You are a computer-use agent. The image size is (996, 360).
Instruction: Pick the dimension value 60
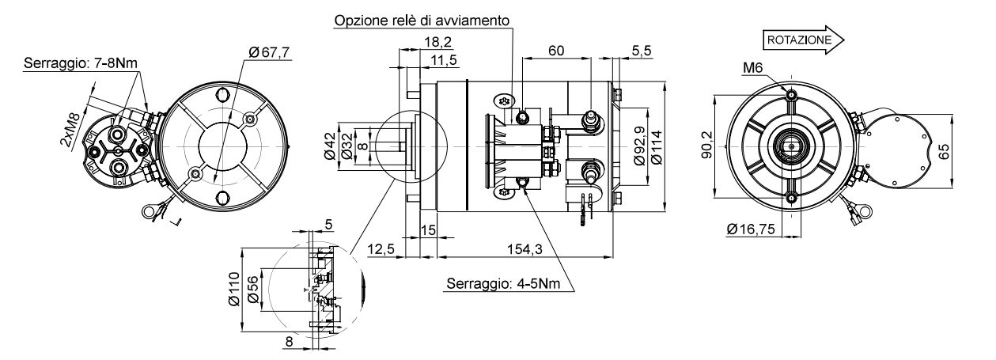556,51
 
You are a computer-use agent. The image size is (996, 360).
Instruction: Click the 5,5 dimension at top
642,51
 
